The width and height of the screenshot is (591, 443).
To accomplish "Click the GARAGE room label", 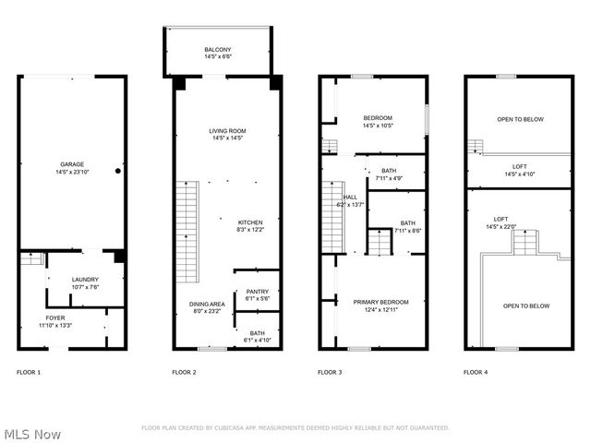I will (x=71, y=164).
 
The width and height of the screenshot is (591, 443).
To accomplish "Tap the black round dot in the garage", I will (x=118, y=171).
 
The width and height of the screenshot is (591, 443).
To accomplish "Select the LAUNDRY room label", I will (x=85, y=280).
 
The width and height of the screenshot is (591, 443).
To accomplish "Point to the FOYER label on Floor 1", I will (x=56, y=317).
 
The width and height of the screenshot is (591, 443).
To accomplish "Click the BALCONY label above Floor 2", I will (x=218, y=50).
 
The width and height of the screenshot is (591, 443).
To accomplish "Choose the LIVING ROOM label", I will (x=227, y=131).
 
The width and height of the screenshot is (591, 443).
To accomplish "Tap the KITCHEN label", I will (x=251, y=222).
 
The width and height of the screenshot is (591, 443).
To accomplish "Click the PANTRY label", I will (x=257, y=292).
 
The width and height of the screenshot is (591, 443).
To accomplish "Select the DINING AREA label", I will (x=207, y=304).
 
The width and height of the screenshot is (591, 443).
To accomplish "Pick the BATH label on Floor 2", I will (x=257, y=333).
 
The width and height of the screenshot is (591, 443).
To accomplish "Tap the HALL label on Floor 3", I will (x=351, y=197).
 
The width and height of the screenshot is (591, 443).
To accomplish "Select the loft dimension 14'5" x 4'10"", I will (x=520, y=174).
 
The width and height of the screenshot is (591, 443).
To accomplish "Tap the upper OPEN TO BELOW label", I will (x=520, y=119).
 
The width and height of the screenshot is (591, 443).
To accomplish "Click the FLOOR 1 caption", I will (x=29, y=372).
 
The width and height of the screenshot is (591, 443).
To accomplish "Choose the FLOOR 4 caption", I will (x=476, y=372).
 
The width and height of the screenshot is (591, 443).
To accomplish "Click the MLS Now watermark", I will (x=32, y=433).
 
